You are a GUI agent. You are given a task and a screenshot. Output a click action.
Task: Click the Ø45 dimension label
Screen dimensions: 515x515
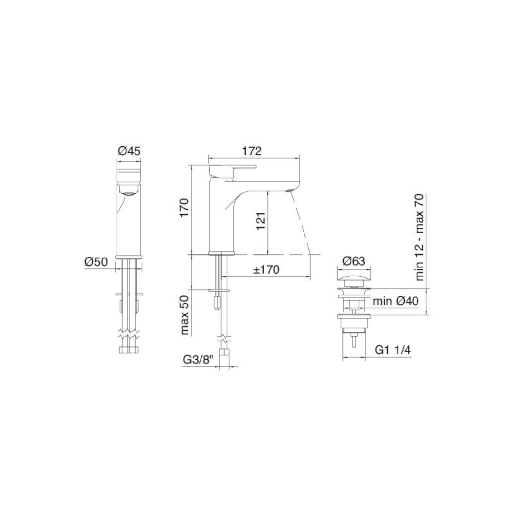click(x=129, y=151)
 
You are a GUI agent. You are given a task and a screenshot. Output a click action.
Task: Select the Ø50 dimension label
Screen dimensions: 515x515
click(x=96, y=262)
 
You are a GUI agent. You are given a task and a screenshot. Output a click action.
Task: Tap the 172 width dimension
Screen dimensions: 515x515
click(x=252, y=151)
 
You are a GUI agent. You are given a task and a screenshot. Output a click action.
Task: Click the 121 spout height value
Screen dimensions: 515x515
click(x=261, y=221)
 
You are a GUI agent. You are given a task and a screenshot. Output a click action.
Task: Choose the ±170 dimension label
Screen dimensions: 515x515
click(x=266, y=270)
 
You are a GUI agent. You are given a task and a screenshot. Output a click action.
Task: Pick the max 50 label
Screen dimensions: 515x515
click(x=184, y=315)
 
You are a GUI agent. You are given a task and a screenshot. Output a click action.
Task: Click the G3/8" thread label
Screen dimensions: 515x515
click(x=198, y=360)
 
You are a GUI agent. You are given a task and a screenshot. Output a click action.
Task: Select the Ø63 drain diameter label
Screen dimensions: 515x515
click(x=354, y=261)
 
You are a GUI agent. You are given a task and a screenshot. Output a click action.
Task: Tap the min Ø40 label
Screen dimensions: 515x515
click(x=396, y=301)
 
